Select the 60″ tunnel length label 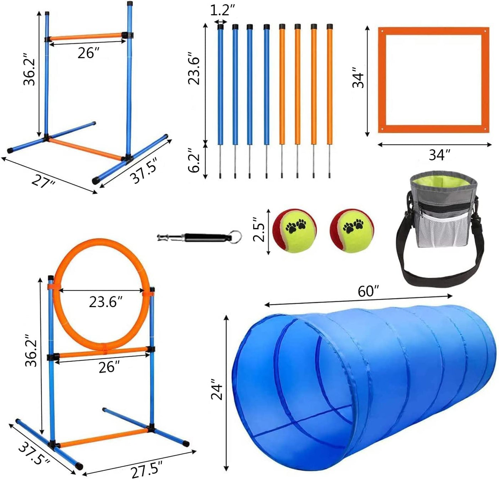[368, 291]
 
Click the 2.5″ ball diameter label [258, 229]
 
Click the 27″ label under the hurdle [43, 182]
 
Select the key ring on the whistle [235, 236]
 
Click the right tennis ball [351, 230]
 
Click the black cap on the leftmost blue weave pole [221, 27]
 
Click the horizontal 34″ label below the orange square [439, 155]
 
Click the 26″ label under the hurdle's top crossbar [88, 53]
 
